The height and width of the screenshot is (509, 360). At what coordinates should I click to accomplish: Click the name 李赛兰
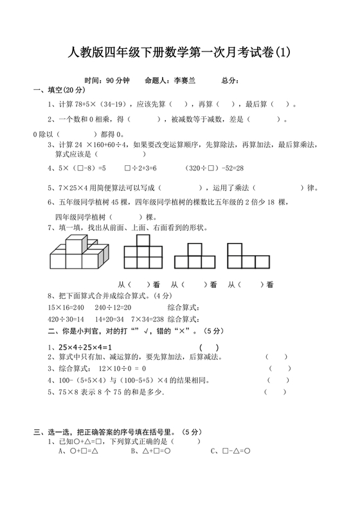[182, 82]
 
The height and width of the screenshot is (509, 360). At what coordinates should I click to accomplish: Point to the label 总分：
[230, 82]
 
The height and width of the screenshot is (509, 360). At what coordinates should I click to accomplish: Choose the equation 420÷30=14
[66, 319]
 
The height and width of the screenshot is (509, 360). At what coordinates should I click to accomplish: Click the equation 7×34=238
[145, 319]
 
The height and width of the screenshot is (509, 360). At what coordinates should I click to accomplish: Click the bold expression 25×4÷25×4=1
[84, 347]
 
